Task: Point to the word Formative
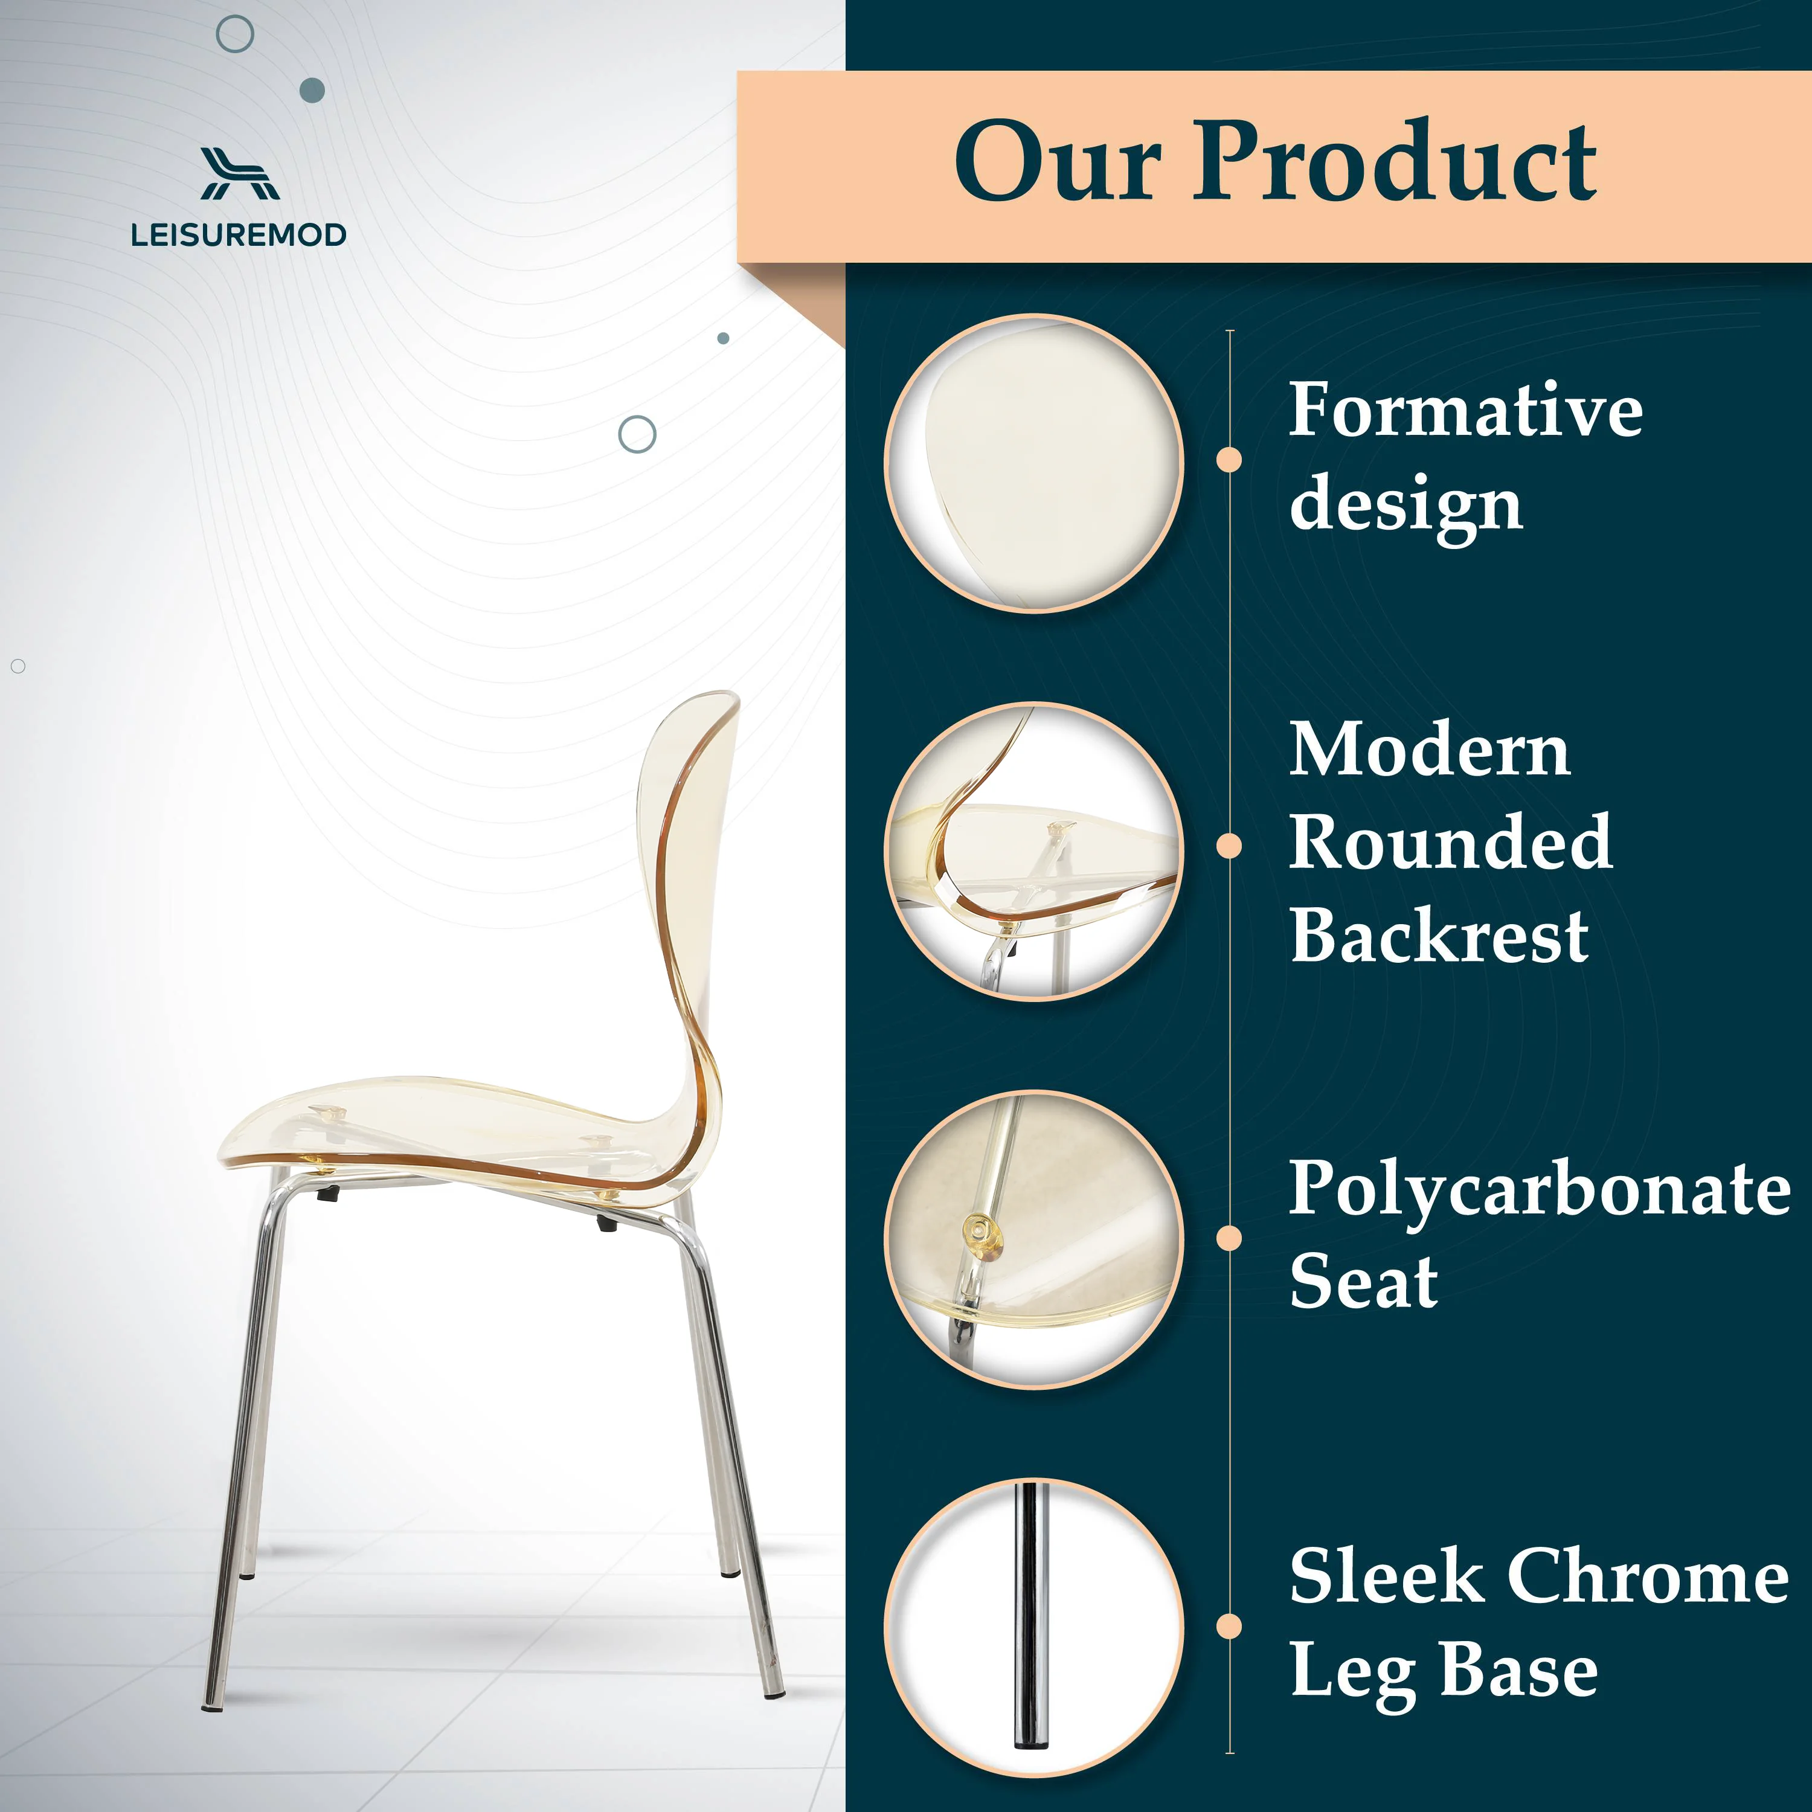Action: coord(1465,410)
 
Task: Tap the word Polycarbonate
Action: coord(1539,1188)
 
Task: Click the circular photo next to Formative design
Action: coord(1033,463)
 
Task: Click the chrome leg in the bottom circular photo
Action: coord(1030,1627)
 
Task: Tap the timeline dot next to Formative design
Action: coord(1229,460)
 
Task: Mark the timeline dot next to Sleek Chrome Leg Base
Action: coord(1229,1627)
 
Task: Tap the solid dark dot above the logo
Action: coord(312,90)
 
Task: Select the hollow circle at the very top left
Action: coord(234,34)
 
